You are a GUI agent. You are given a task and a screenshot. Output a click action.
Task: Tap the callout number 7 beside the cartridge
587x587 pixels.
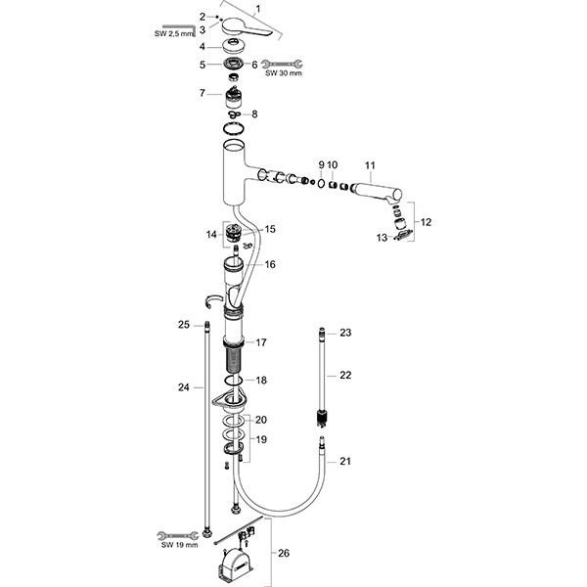(202, 93)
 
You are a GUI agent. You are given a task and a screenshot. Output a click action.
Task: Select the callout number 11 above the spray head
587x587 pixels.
(370, 163)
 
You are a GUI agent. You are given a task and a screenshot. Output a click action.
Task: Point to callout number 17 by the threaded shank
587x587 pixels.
(261, 342)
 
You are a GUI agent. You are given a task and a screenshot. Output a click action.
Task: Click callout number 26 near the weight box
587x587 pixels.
(284, 554)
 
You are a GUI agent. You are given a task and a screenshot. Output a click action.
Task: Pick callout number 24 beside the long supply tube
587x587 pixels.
(184, 386)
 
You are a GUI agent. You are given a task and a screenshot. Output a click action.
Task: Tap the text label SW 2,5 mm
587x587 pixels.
(175, 36)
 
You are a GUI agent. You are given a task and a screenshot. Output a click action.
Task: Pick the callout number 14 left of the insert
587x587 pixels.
(211, 235)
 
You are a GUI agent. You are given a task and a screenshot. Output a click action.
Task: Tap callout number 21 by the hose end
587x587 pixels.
(343, 460)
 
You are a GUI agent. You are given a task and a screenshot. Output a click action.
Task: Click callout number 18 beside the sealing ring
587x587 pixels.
(261, 380)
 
